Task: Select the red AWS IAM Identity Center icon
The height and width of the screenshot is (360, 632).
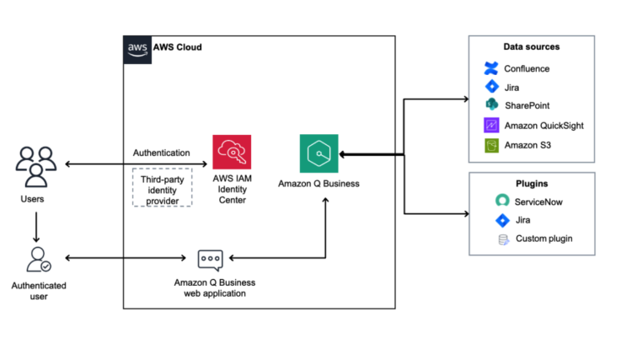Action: coord(230,153)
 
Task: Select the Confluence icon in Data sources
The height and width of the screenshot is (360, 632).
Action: coord(491,68)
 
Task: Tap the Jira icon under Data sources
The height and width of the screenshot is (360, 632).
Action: coord(491,87)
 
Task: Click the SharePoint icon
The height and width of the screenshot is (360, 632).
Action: coord(491,105)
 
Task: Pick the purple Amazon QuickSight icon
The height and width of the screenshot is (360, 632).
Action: coord(491,125)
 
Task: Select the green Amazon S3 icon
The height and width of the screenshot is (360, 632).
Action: coord(491,144)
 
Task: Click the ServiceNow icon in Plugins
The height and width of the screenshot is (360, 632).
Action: coord(502,201)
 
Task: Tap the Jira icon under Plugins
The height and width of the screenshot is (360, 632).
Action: coord(502,220)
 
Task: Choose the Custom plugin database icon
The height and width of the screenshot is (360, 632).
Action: coord(502,239)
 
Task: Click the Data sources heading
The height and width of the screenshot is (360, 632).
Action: coord(531,47)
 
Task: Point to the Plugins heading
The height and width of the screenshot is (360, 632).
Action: coord(532,182)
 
